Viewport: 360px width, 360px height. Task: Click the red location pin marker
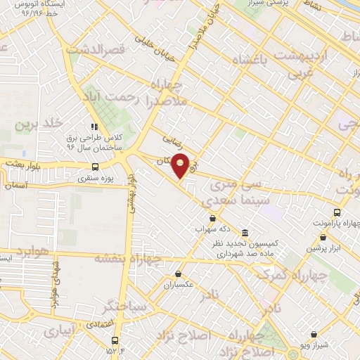click(181, 165)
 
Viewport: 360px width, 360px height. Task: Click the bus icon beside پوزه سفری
click(95, 167)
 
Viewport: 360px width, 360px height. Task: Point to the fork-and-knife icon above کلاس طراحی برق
click(94, 127)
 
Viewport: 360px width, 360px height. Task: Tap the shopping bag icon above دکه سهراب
click(213, 218)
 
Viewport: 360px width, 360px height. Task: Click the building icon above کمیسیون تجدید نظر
click(244, 233)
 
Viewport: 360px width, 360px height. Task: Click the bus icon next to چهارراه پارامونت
click(337, 212)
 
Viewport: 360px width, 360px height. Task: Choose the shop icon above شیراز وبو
click(314, 335)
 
